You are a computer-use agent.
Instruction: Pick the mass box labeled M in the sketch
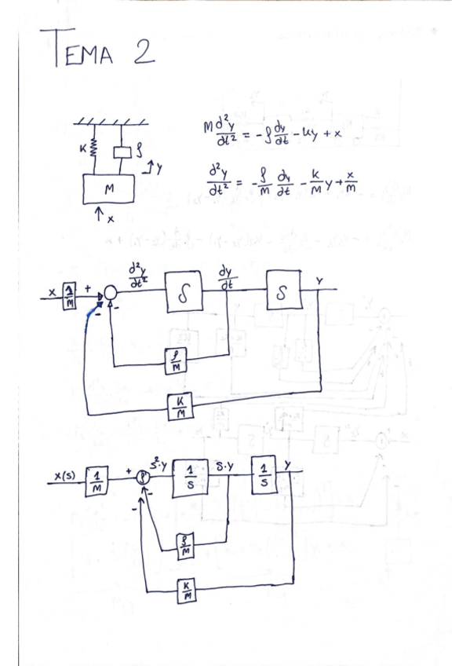point(108,188)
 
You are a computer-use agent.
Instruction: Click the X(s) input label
point(67,476)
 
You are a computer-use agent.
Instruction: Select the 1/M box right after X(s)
point(98,481)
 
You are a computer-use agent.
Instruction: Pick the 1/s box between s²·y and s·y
point(189,478)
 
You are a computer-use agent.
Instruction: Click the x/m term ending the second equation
point(351,185)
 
